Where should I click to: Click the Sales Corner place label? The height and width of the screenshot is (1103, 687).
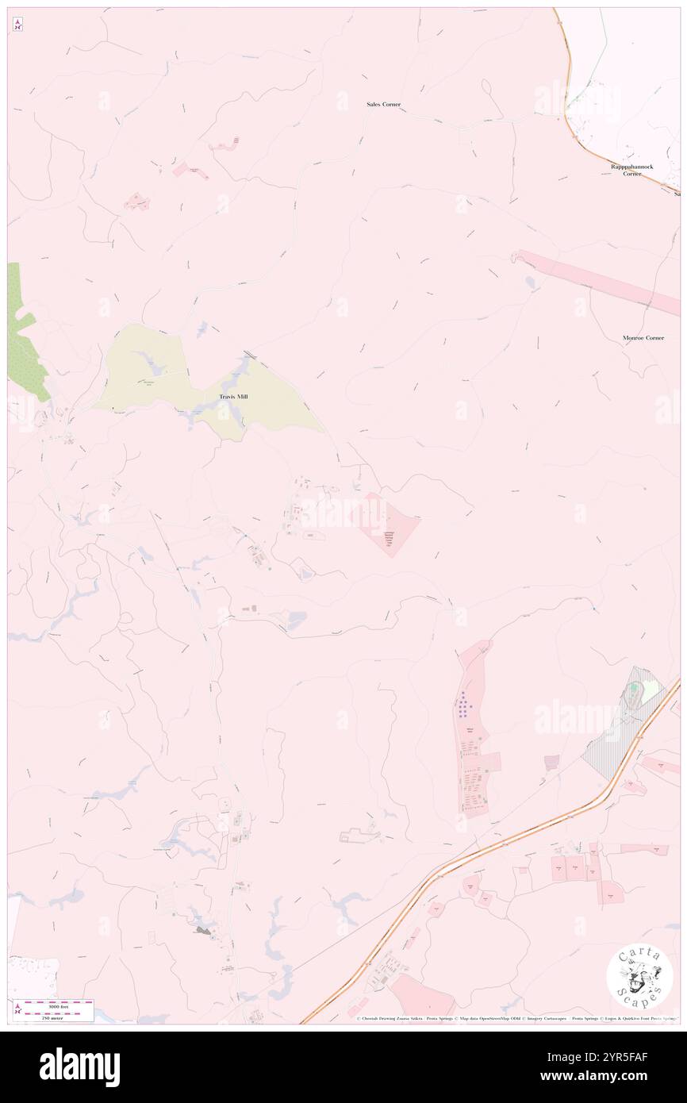(x=383, y=105)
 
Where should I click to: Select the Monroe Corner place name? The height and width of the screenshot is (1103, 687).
(x=643, y=338)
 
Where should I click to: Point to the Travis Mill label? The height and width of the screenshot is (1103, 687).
(x=233, y=396)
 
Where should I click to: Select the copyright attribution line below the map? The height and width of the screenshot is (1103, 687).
(x=516, y=1018)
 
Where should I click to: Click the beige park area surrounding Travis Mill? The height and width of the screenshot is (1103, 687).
(x=159, y=373)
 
